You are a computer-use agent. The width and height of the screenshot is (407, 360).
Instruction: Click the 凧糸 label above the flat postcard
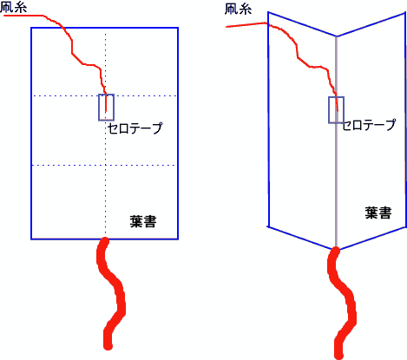14,7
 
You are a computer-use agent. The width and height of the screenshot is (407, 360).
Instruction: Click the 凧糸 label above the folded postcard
238,9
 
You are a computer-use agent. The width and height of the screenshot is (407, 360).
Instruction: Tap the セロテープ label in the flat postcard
135,128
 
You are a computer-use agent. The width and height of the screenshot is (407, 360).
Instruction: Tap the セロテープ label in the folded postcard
369,125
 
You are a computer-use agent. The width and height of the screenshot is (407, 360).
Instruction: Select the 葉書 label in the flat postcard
143,222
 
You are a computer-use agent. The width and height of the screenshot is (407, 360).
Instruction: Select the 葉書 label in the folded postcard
378,213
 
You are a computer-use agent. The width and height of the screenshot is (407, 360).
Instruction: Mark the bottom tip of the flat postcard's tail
108,347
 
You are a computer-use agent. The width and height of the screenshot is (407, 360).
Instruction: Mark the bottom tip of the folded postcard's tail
338,357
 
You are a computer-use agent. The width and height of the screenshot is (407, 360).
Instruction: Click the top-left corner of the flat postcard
31,28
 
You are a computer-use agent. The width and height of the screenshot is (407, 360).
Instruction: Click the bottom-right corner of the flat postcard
178,239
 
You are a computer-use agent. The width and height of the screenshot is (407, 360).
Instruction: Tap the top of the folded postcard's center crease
336,36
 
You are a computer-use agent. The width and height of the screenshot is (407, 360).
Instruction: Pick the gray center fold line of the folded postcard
336,142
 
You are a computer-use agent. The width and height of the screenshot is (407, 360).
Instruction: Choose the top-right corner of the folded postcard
404,13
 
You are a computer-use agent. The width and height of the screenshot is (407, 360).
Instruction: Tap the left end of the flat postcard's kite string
4,16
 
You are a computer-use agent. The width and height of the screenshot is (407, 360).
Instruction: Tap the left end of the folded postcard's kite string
226,27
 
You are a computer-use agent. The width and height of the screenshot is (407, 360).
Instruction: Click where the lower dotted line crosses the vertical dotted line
105,165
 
